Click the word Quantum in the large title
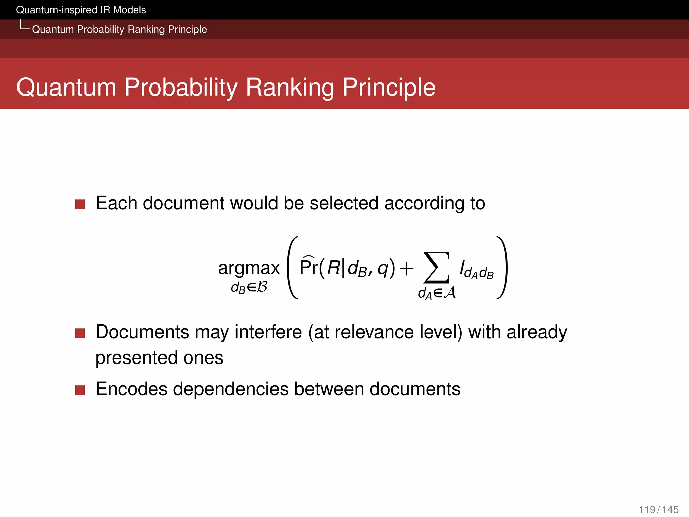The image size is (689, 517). tap(66, 88)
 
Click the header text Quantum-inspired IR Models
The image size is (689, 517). tap(81, 10)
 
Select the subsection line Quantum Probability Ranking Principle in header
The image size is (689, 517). tap(119, 29)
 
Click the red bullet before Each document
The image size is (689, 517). tap(80, 204)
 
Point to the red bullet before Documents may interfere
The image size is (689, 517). tap(80, 333)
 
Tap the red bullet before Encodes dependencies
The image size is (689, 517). tap(80, 390)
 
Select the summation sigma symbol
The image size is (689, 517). tap(437, 268)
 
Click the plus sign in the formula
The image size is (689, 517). tap(406, 269)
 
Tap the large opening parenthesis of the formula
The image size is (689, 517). tap(292, 268)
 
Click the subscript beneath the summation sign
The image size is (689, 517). tap(437, 293)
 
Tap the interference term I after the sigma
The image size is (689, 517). tap(476, 270)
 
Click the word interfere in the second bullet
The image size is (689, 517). tap(268, 332)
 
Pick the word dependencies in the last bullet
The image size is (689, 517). tap(230, 389)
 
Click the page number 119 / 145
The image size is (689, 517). tap(658, 509)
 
